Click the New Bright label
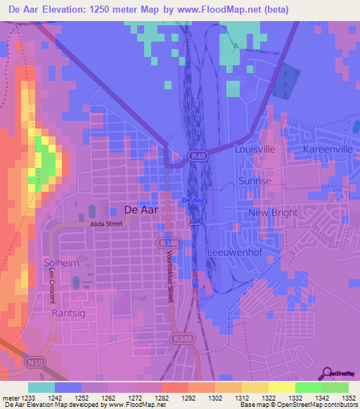coord(274,213)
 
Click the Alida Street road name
coord(105,223)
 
